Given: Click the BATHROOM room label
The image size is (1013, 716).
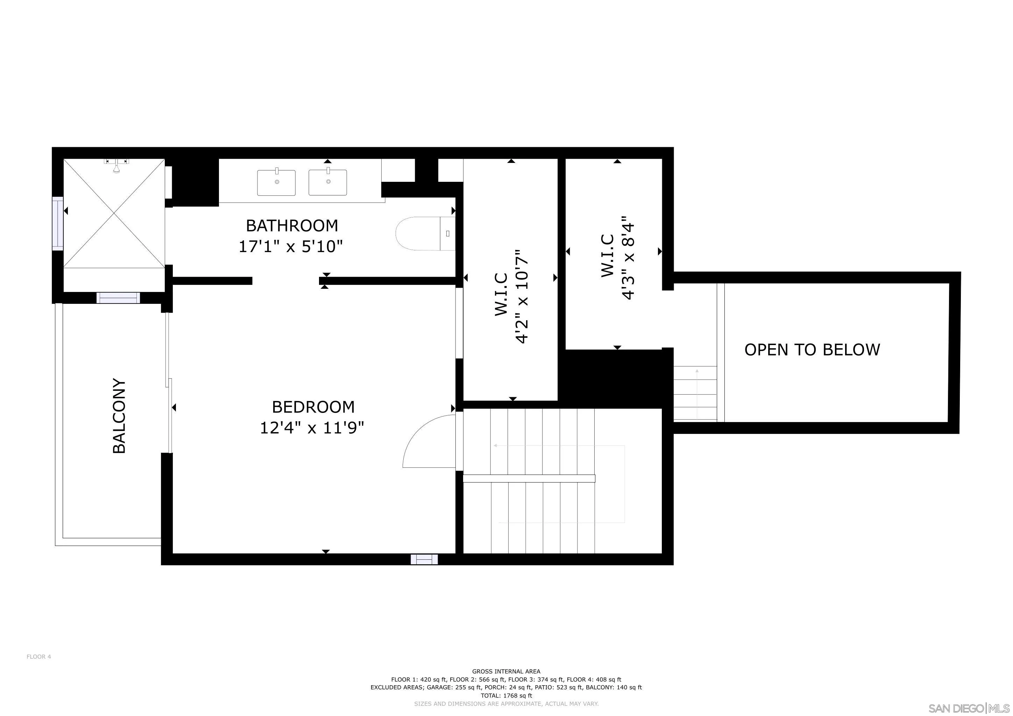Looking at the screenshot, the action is coord(292,226).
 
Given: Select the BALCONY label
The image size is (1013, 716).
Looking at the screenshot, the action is coord(120,416).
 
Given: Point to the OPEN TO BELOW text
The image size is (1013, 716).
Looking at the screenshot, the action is coord(812,350).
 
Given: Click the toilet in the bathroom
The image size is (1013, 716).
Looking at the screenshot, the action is coord(425,234).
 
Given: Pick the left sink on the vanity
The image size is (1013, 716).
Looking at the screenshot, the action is coord(277,182).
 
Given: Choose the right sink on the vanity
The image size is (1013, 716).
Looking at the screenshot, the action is coord(328,182).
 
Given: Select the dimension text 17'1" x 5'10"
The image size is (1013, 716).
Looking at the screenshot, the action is coord(291,246).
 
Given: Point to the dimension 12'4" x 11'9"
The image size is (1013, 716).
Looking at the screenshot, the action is coord(312,428).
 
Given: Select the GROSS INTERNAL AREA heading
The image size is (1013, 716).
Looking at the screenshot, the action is coord(506,672).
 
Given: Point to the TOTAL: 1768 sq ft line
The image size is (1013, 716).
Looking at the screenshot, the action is coord(506,696).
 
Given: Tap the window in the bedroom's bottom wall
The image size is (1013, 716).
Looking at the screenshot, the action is coord(424,559).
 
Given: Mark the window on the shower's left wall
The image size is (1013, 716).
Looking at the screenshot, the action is coord(58,223).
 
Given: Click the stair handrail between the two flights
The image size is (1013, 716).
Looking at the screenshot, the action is coord(529,478).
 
